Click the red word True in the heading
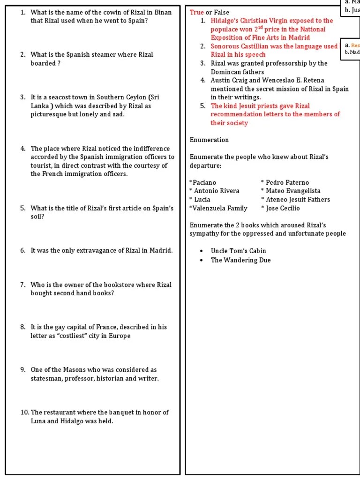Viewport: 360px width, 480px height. (196, 12)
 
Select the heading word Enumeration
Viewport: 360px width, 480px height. (209, 140)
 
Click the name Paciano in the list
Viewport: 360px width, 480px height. (204, 182)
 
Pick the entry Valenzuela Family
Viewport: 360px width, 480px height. (219, 208)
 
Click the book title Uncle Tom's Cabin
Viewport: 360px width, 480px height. (238, 251)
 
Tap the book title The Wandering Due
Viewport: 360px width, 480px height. (240, 260)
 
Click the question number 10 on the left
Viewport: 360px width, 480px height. (24, 412)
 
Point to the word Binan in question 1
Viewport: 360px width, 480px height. (162, 12)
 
